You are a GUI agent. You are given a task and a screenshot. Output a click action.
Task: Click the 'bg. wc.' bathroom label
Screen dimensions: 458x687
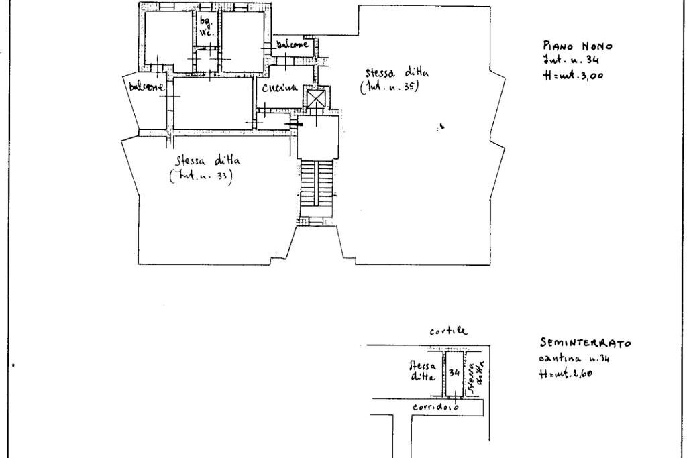(x=206, y=27)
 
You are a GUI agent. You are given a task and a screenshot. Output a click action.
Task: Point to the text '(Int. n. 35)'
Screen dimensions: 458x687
(x=389, y=88)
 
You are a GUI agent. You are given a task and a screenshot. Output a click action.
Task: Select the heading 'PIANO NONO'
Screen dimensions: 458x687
(x=577, y=46)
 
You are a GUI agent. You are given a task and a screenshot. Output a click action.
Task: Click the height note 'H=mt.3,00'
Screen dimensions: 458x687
(x=573, y=75)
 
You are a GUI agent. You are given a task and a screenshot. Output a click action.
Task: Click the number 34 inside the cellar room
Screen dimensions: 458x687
(x=455, y=372)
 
